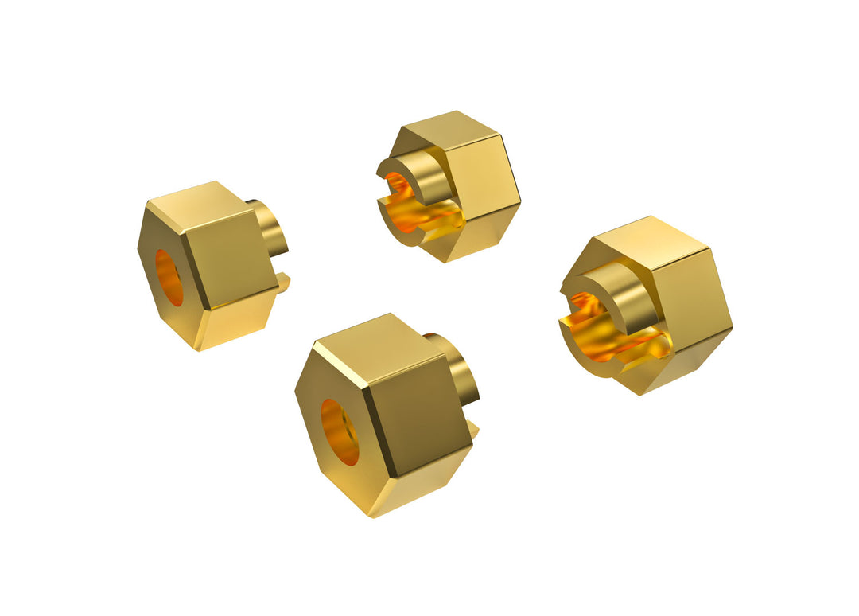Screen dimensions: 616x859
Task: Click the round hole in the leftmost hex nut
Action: coord(169,278)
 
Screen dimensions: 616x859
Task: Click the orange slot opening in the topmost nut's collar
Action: coord(422,215)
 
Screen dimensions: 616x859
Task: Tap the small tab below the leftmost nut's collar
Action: coord(283,280)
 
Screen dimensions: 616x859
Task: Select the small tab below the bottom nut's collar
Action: coord(473,430)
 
